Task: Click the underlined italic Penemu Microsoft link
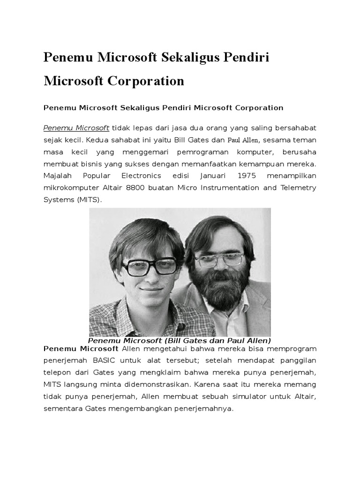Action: click(x=76, y=127)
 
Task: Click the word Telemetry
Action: click(x=298, y=188)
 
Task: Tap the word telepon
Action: click(x=57, y=373)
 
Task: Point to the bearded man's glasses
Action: click(x=219, y=258)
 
